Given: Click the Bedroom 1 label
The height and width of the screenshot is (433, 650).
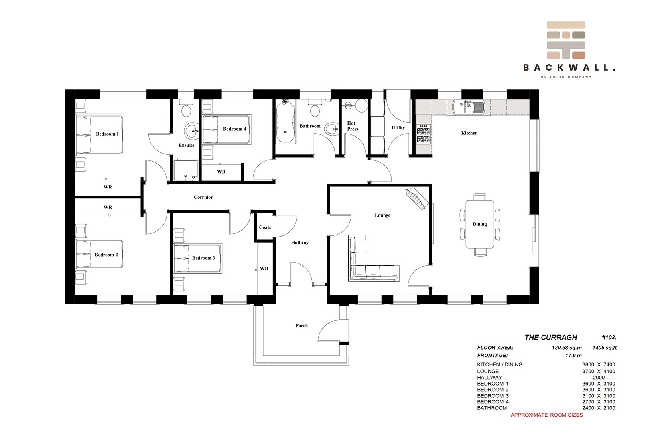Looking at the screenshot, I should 107,134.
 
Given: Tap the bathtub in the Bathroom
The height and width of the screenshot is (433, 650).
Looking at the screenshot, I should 286,122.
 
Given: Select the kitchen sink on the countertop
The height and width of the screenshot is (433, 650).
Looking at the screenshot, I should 468,107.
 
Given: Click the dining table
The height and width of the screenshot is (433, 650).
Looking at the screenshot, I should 479,224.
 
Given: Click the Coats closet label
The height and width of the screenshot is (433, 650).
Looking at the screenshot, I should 265,227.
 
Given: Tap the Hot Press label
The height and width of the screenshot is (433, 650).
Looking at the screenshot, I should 352,126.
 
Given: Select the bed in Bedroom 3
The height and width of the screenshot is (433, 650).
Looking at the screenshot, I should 197,258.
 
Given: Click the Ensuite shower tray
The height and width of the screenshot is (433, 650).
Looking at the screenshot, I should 186,171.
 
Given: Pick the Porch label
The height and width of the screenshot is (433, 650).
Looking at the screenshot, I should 301,326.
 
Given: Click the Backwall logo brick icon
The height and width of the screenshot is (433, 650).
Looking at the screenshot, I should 566,40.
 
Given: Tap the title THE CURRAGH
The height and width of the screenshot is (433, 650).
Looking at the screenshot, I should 550,337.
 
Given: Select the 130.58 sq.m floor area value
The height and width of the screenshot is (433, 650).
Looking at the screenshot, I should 566,348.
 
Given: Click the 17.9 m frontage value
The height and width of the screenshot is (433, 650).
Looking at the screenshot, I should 573,355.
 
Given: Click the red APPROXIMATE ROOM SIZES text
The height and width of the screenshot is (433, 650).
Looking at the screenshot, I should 546,415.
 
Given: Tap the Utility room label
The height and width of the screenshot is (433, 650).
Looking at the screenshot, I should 398,128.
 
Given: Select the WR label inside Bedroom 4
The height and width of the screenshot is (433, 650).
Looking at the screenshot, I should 221,172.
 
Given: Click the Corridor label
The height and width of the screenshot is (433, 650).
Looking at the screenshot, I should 203,197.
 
